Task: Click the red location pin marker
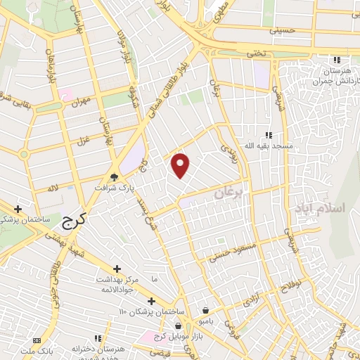[x=181, y=165]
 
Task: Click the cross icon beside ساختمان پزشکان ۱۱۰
[x=151, y=300]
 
